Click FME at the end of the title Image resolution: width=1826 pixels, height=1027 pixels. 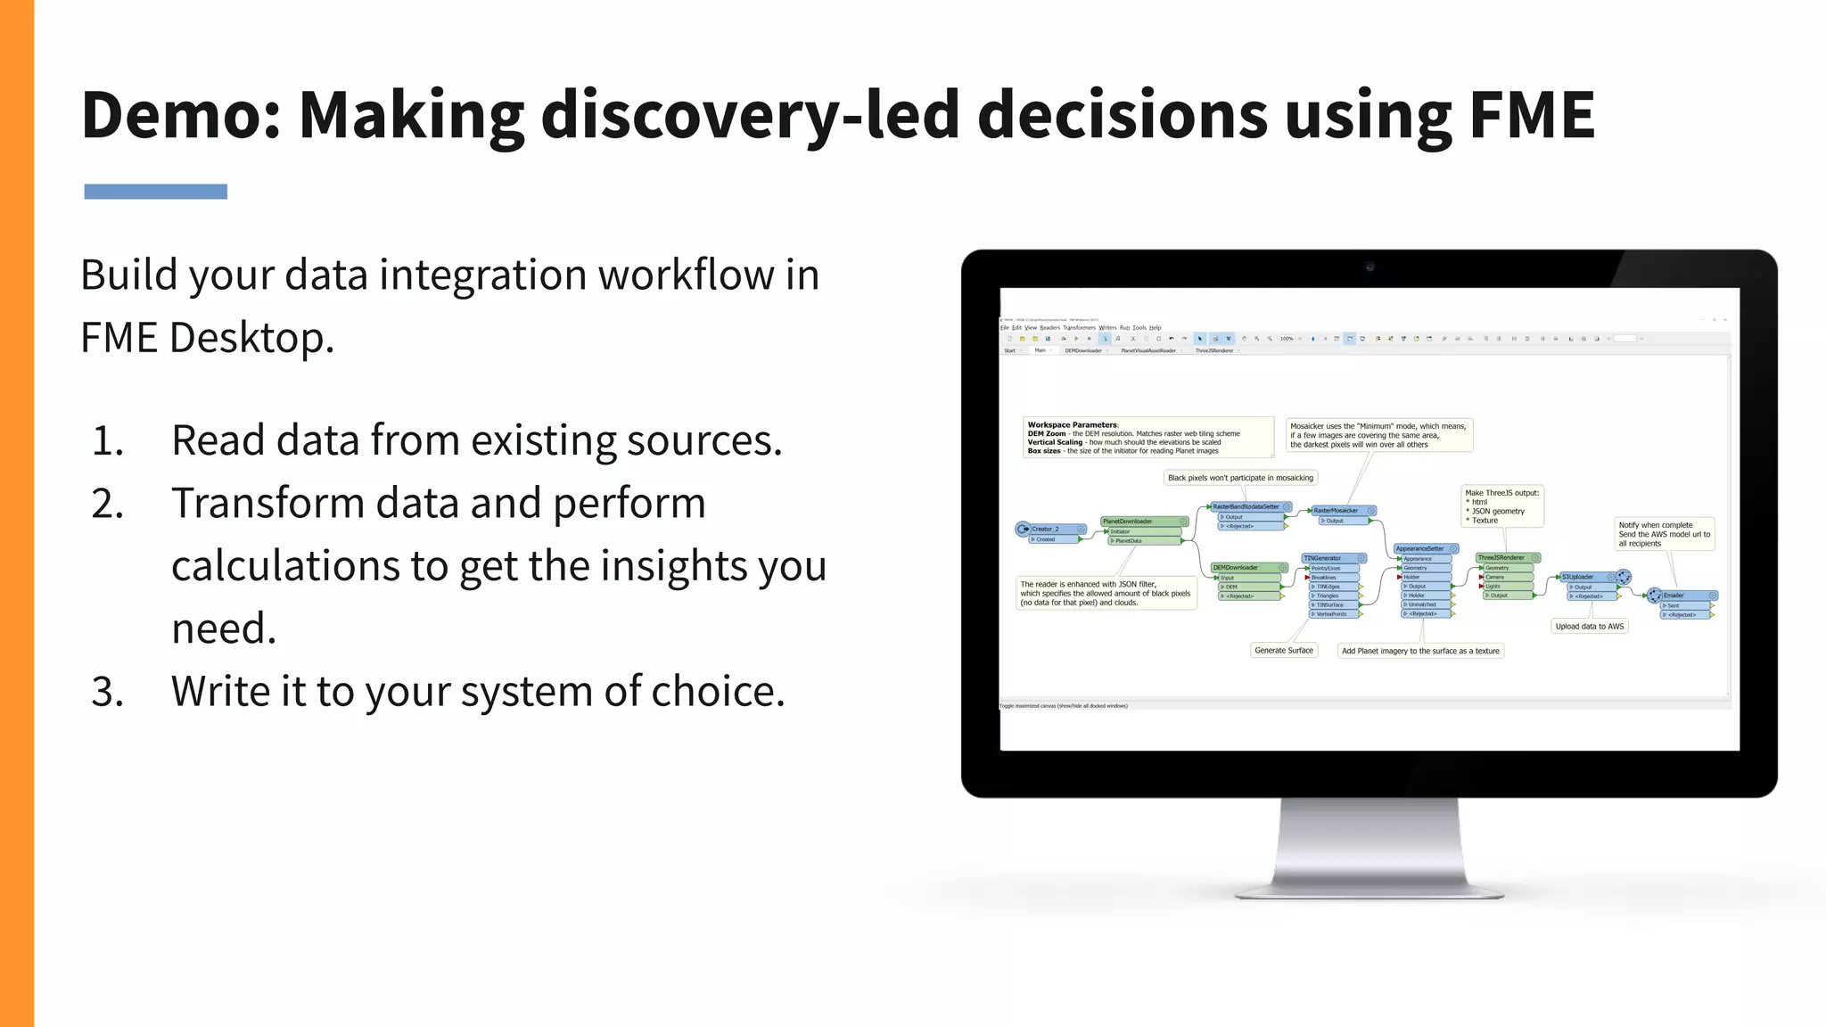(1531, 116)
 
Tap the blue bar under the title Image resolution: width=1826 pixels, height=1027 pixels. (155, 192)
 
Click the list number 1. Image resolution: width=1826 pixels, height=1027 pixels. (108, 441)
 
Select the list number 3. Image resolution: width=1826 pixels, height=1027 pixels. (108, 693)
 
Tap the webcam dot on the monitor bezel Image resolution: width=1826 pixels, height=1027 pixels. (1369, 267)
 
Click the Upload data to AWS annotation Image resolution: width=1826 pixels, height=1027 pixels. (1590, 627)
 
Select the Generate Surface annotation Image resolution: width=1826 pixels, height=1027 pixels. (1284, 651)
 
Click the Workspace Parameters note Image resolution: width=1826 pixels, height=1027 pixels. (1148, 438)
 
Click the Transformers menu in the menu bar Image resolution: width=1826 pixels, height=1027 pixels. (1079, 328)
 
